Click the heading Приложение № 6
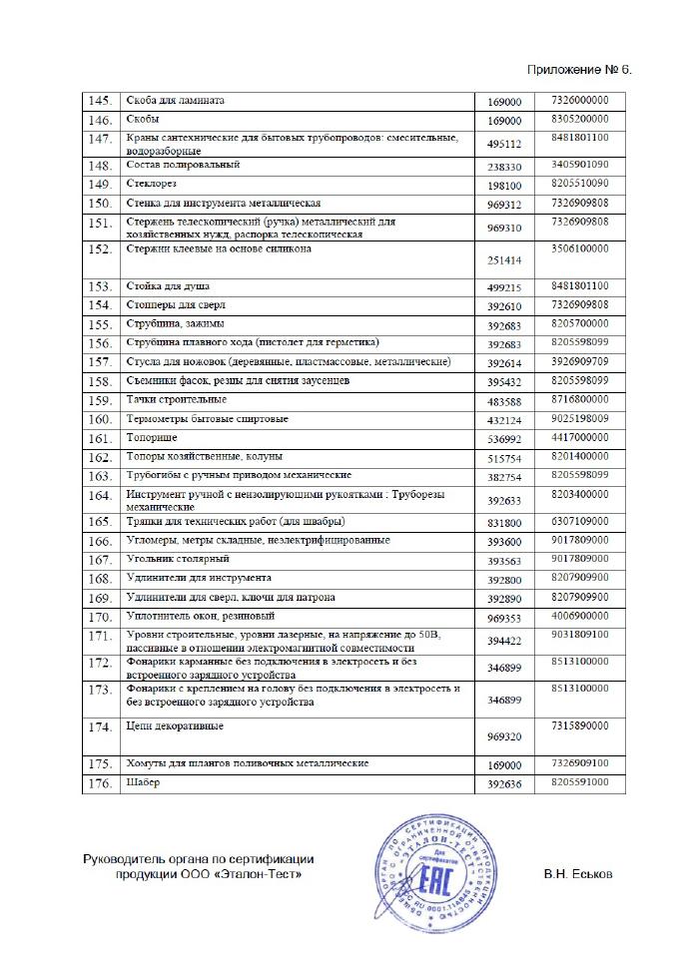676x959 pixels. pos(578,70)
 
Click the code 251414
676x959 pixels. pos(504,266)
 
